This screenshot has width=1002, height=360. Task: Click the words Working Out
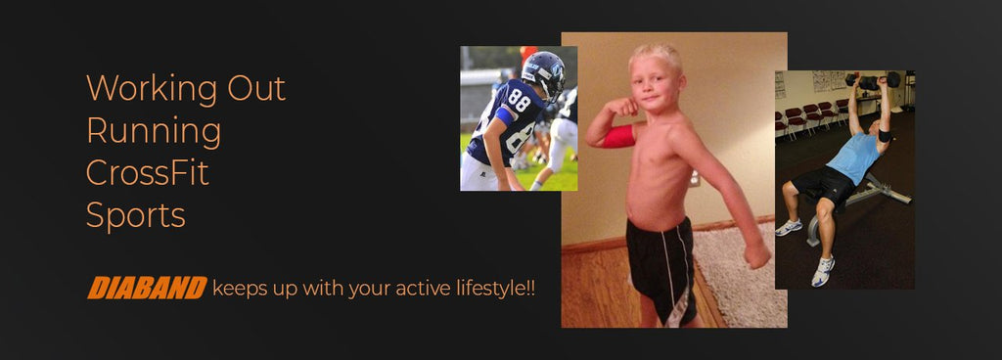[x=186, y=89]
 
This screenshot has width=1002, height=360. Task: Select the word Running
[x=154, y=131]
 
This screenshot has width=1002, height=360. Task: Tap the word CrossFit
[x=148, y=172]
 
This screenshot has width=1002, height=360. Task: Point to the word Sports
[x=135, y=214]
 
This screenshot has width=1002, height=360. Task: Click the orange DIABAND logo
[x=147, y=288]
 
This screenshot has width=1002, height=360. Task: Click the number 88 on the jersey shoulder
[x=519, y=99]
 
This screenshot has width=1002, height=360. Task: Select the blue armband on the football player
[x=504, y=115]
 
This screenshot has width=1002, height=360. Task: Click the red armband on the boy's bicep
[x=618, y=136]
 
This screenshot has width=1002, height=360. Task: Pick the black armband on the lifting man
[x=884, y=136]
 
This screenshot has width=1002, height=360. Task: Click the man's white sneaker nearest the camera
[x=823, y=271]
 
